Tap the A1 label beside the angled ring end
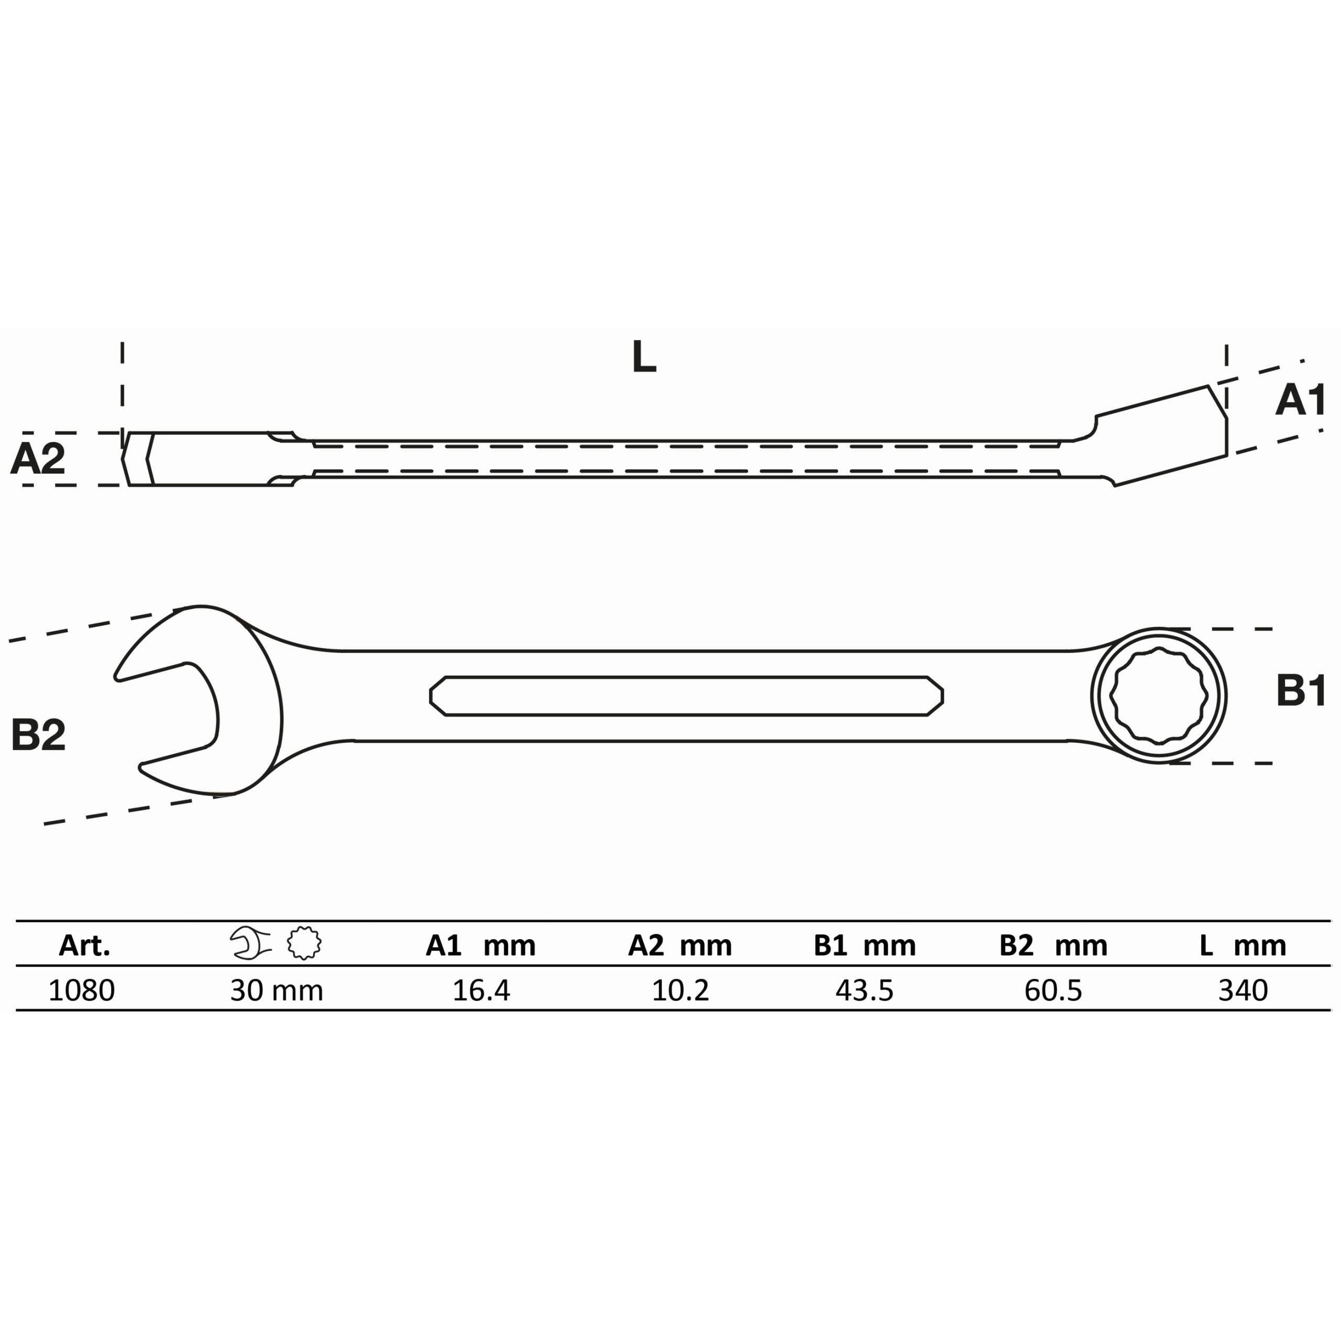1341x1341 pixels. click(x=1301, y=401)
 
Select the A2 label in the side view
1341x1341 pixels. click(x=38, y=458)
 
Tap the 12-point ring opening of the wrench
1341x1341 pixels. click(x=1159, y=696)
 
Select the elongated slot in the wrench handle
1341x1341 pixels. click(x=686, y=696)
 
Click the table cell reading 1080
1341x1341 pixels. click(x=81, y=991)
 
